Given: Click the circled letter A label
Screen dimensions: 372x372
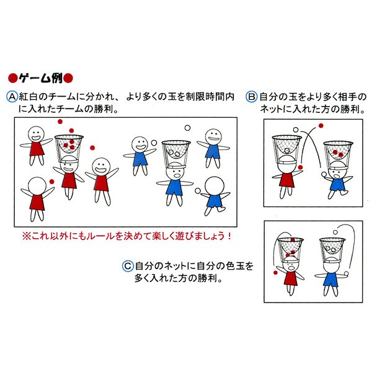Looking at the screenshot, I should point(11,97).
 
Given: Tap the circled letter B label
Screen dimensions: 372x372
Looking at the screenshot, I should point(252,97).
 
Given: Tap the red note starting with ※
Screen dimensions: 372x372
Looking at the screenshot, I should point(127,236).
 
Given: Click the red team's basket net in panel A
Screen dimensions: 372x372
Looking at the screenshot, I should point(68,146).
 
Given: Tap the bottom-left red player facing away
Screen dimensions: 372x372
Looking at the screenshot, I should point(37,197).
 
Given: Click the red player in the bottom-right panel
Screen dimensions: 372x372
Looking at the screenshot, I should point(290,273).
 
